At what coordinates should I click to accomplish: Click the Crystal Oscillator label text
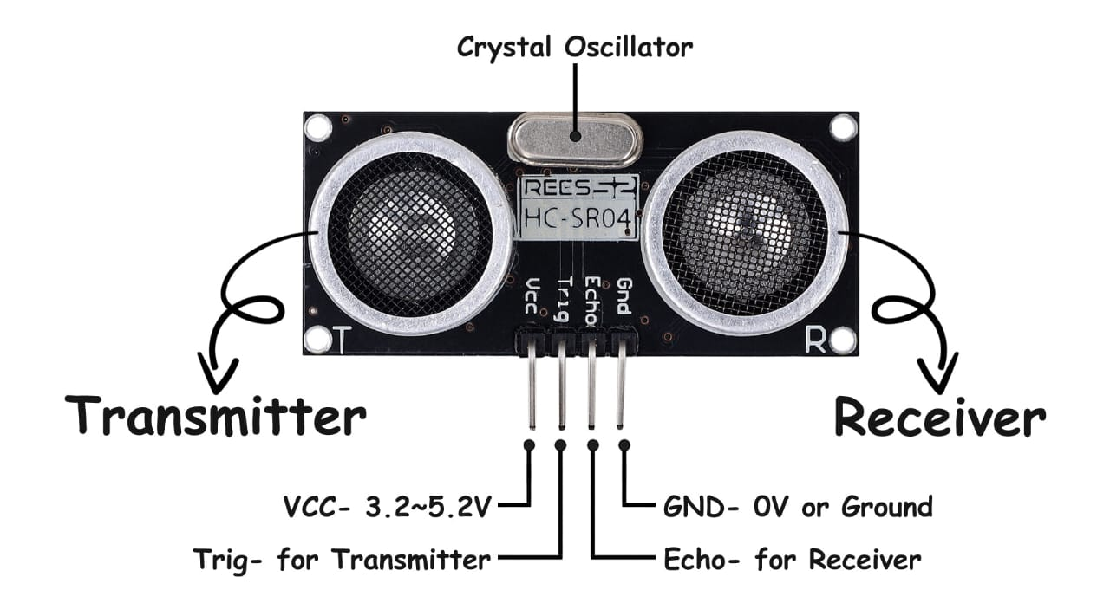coord(575,47)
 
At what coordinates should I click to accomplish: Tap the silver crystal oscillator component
coord(574,139)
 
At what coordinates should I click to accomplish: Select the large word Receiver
coord(939,419)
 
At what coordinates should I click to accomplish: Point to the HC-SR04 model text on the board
coord(578,220)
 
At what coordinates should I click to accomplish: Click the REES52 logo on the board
coord(578,186)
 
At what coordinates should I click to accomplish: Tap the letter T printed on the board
coord(342,340)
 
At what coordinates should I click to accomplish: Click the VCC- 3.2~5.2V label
coord(388,505)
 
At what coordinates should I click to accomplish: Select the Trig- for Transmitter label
coord(342,560)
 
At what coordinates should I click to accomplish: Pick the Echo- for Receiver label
coord(792,560)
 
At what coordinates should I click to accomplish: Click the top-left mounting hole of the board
coord(319,127)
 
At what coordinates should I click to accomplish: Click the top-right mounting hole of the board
coord(843,127)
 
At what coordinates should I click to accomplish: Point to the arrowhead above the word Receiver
coord(939,373)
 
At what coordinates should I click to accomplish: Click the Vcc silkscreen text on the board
coord(532,296)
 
